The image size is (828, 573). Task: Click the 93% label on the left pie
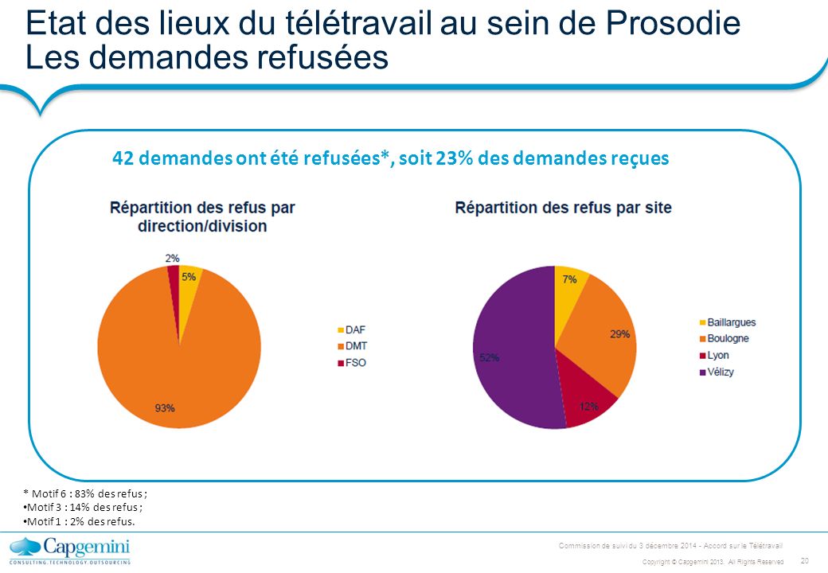click(165, 408)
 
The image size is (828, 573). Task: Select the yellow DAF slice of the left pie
click(189, 290)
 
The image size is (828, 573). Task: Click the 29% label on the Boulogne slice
click(619, 334)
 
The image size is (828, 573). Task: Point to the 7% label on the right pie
click(570, 280)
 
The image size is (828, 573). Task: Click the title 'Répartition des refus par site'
click(563, 209)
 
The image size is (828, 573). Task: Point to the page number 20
click(803, 560)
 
